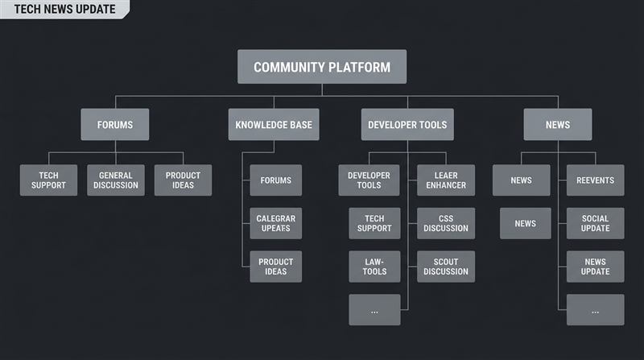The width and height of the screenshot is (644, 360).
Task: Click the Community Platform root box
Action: tap(321, 67)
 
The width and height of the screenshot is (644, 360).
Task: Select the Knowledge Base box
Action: tap(274, 125)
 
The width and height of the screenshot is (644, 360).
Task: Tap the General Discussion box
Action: tap(116, 180)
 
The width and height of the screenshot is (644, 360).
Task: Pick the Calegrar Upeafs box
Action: tap(275, 224)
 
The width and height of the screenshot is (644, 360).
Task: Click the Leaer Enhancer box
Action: tap(446, 180)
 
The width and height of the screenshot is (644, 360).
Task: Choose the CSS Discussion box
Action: tap(446, 223)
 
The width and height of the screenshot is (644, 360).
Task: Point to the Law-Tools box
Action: tap(374, 267)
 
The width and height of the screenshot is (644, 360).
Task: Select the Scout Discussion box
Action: tap(446, 267)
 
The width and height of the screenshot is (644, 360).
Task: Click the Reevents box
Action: tap(595, 180)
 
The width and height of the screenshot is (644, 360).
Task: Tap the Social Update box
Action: tap(595, 223)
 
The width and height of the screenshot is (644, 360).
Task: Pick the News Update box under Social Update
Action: tap(595, 267)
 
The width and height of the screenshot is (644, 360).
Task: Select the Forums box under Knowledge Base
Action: tap(275, 180)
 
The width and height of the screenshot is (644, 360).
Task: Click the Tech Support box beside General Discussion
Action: tap(49, 180)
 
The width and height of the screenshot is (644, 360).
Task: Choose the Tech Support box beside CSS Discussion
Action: tap(374, 223)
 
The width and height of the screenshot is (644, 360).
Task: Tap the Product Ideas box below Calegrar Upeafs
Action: tap(275, 267)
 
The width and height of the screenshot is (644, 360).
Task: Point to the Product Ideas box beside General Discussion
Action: tap(183, 180)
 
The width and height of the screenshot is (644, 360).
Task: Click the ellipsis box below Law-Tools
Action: tap(374, 310)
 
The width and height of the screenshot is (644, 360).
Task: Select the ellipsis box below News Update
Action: tap(595, 310)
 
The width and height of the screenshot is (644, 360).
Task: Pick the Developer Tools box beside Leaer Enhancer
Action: tap(369, 180)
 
